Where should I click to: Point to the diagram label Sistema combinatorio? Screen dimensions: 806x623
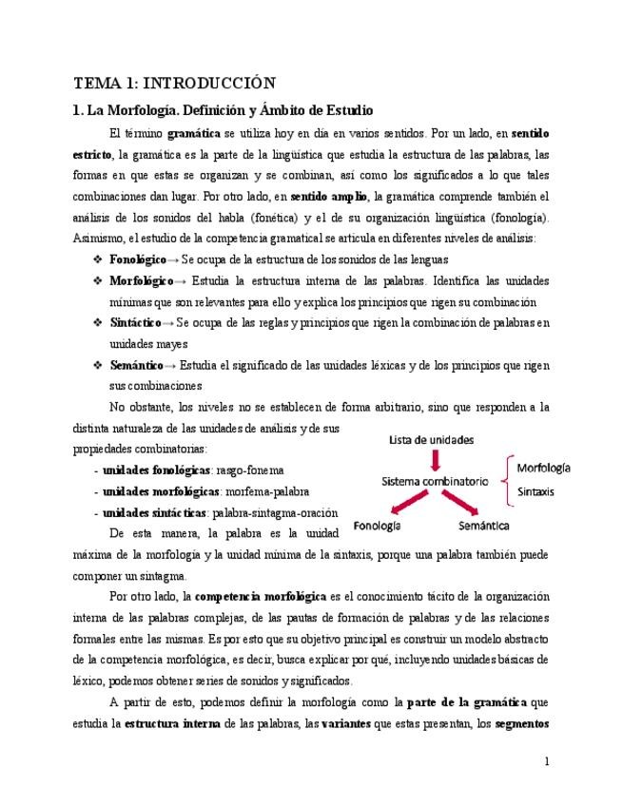[436, 482]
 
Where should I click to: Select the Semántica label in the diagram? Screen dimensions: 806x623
[483, 526]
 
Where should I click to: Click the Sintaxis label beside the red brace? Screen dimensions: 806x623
[537, 492]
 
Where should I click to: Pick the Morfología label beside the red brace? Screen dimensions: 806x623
[544, 469]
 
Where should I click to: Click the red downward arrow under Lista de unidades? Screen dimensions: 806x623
[436, 460]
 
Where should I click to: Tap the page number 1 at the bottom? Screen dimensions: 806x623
[547, 761]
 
